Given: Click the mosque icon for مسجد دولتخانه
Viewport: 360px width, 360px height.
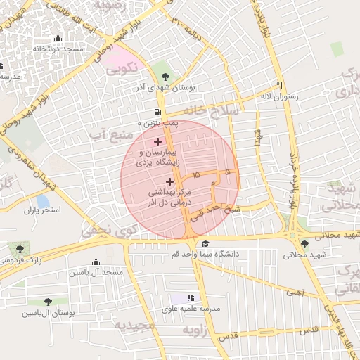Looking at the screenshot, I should click(58, 39).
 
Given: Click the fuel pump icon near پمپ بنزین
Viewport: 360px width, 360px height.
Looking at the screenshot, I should click(156, 112).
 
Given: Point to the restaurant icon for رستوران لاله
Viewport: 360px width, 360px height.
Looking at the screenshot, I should click(279, 85).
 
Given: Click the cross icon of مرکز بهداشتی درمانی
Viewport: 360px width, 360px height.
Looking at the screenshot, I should click(169, 181).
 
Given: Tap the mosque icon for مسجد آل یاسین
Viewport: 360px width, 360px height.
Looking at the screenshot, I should click(96, 262).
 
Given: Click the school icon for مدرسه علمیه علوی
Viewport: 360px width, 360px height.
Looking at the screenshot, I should click(190, 298).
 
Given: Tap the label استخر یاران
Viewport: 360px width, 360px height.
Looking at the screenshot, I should click(43, 210).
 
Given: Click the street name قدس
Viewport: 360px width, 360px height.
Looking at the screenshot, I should click(310, 329).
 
